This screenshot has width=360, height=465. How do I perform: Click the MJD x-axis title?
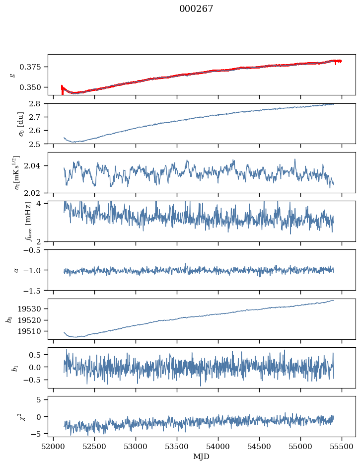click(202, 457)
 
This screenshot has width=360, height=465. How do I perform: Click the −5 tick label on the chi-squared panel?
click(38, 434)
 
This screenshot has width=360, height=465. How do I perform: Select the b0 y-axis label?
click(9, 319)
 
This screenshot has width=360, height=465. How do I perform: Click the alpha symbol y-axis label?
click(16, 270)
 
